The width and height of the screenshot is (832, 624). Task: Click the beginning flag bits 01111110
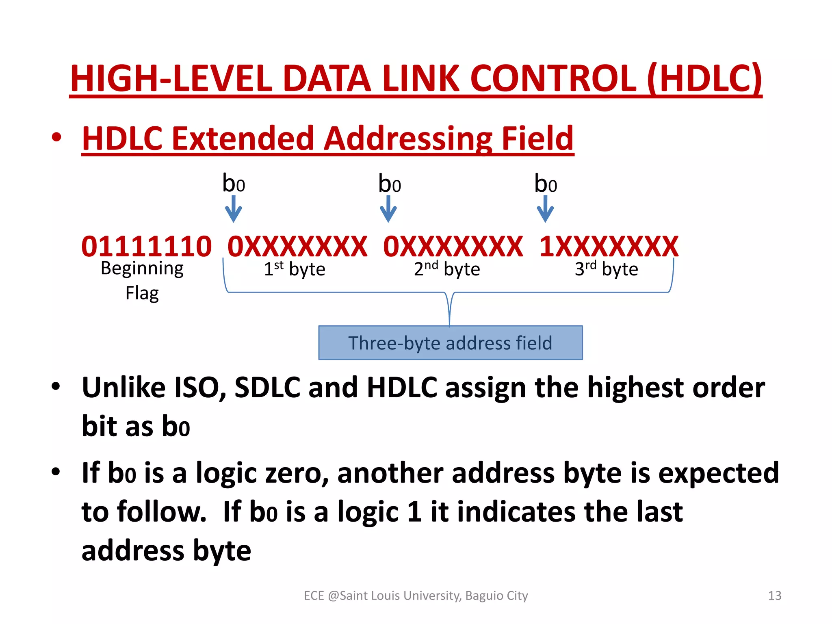(146, 247)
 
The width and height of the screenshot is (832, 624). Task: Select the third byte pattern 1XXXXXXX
(609, 247)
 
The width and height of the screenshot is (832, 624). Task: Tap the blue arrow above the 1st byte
(234, 209)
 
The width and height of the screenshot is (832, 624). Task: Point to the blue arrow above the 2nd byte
(388, 209)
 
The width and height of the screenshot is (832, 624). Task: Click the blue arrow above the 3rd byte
(545, 209)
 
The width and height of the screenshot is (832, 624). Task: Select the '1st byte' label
(295, 269)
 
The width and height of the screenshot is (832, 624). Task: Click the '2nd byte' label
(447, 269)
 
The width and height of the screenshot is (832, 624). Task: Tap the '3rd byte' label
(606, 269)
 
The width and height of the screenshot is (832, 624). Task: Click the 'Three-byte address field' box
(450, 343)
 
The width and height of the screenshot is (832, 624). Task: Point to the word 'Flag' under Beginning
(142, 293)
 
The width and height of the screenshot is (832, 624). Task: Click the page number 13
(775, 596)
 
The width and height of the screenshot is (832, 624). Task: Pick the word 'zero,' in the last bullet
(297, 473)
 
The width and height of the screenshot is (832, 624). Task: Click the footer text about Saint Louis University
(416, 596)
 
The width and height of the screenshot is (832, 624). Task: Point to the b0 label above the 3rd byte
(545, 184)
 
